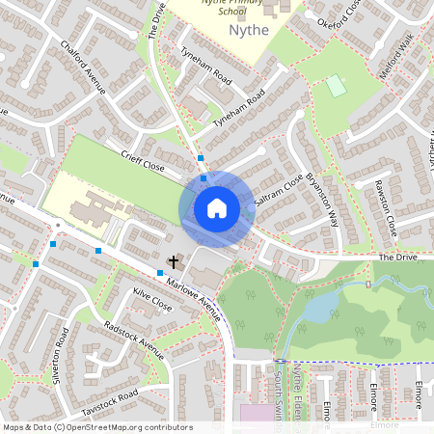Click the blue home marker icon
pyautogui.click(x=217, y=207)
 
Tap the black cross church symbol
pyautogui.click(x=175, y=261)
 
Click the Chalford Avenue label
pyautogui.click(x=82, y=68)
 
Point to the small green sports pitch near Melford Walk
pyautogui.click(x=336, y=86)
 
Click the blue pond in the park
pyautogui.click(x=322, y=308)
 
